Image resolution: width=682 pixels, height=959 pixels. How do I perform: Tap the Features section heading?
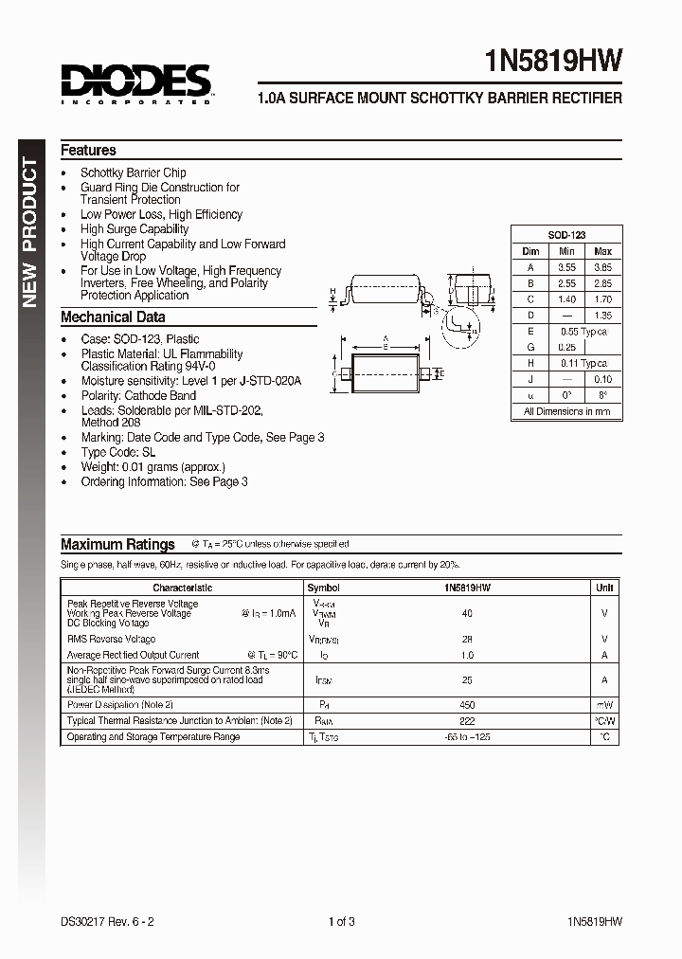click(x=88, y=150)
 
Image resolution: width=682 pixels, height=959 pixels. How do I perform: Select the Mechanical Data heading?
click(x=113, y=317)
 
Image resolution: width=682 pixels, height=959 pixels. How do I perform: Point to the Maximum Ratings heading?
click(x=117, y=544)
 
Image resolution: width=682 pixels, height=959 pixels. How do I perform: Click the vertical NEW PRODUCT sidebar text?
click(x=29, y=233)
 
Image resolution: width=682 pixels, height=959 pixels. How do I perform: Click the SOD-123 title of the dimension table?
click(x=566, y=235)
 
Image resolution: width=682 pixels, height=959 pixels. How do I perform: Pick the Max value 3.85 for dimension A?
click(x=602, y=267)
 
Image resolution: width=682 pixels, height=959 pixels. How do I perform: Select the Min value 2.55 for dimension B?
click(x=566, y=283)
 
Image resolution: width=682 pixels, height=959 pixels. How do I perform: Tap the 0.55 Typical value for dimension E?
click(x=583, y=332)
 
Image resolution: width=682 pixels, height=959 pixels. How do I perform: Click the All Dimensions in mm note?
click(x=566, y=411)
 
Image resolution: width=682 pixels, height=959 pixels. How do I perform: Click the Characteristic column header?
click(x=182, y=588)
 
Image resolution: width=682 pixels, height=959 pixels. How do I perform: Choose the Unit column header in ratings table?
click(x=604, y=588)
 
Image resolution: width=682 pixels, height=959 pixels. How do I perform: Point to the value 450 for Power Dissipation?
click(x=467, y=705)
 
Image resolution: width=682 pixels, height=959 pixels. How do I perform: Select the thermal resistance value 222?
click(x=467, y=721)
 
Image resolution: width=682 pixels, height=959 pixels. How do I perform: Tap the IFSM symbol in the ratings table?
click(x=323, y=680)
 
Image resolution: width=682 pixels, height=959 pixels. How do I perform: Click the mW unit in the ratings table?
click(x=604, y=705)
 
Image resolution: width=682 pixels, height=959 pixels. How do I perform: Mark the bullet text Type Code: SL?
click(x=118, y=453)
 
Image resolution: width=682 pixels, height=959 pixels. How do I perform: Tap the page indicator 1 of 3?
click(x=341, y=921)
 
